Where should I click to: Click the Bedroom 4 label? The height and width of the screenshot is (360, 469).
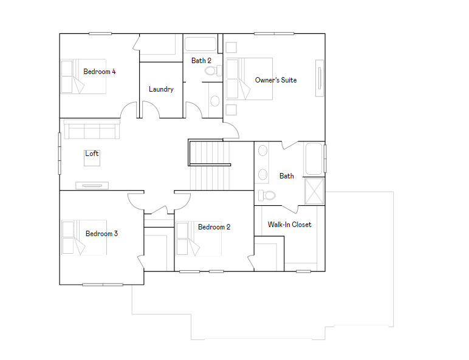100,72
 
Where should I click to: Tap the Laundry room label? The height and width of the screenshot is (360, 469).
161,89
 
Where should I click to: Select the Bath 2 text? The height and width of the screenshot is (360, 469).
201,61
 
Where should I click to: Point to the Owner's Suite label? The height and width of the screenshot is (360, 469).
276,80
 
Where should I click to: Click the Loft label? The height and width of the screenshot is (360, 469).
92,154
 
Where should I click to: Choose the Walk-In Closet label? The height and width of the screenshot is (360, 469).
289,225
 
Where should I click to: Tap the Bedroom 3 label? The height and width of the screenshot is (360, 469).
101,234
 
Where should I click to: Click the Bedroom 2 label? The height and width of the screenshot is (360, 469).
214,227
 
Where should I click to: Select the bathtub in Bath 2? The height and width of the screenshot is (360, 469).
200,44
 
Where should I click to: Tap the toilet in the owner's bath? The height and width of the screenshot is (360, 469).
266,195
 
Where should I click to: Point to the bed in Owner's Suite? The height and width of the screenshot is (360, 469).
249,78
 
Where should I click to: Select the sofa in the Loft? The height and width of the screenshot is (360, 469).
92,130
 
